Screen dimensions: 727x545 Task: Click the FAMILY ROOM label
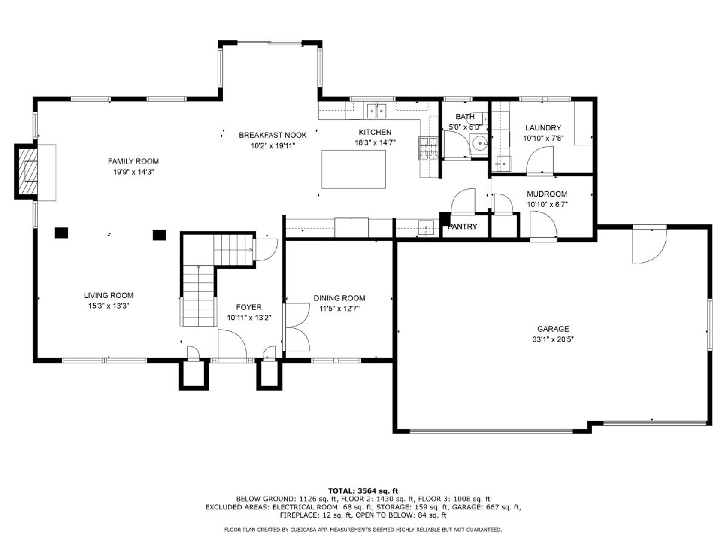tap(133, 161)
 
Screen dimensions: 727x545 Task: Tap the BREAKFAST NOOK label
tap(273, 135)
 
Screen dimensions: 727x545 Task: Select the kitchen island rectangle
tap(353, 169)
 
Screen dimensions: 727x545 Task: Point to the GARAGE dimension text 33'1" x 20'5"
tap(553, 339)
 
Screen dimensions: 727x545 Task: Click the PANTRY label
tap(462, 226)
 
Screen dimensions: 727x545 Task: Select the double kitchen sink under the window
tap(377, 110)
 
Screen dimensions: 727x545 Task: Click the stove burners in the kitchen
tap(428, 148)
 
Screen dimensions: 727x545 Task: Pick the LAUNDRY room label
tap(543, 128)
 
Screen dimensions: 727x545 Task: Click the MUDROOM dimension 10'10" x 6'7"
tap(547, 205)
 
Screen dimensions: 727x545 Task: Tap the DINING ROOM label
tap(339, 298)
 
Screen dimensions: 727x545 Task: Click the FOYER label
tap(248, 307)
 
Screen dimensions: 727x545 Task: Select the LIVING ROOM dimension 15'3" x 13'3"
tap(108, 306)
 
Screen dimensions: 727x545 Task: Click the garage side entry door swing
tap(649, 245)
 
